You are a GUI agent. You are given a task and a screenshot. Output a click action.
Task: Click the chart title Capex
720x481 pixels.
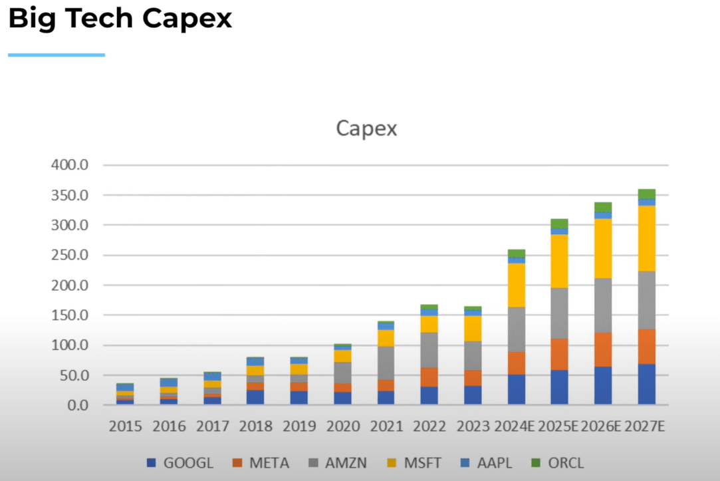[x=366, y=128]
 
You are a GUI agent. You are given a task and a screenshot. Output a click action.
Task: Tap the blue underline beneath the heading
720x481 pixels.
[x=57, y=55]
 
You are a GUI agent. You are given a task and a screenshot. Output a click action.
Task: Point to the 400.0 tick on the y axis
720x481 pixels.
[x=70, y=165]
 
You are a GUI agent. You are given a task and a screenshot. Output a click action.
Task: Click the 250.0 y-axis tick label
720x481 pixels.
[x=70, y=255]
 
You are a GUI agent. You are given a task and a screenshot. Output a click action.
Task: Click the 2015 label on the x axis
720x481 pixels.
[x=125, y=426]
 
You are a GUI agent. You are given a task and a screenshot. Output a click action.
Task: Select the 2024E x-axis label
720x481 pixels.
[x=516, y=426]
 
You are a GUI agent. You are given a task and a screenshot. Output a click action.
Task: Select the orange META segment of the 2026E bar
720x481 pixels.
[x=603, y=349]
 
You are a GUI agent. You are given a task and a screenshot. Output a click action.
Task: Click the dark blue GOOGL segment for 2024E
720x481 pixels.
[x=516, y=389]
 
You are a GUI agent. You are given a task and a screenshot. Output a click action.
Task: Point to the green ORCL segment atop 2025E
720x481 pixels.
[x=559, y=224]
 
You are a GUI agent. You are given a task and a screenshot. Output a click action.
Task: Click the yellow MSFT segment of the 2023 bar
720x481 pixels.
[x=473, y=328]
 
